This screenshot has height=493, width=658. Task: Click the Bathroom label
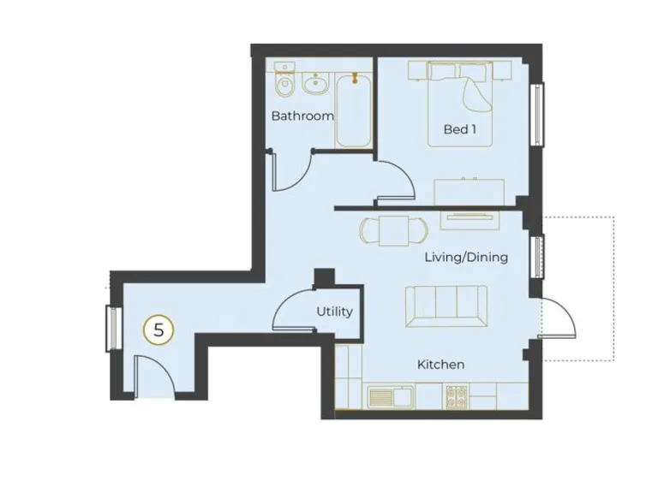tap(302, 116)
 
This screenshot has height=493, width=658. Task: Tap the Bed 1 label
tap(459, 129)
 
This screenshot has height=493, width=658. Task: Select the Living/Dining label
tap(466, 257)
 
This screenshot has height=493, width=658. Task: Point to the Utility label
tap(334, 312)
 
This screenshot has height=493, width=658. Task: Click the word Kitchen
tap(440, 365)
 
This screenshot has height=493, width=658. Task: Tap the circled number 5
tap(159, 330)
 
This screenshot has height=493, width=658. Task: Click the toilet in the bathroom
tap(284, 84)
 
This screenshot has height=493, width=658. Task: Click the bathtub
tap(352, 111)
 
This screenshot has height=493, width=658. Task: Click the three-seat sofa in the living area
tap(446, 304)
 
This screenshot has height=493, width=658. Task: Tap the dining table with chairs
tap(392, 230)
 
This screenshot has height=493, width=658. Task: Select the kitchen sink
tap(391, 396)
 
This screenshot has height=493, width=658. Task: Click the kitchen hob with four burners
tap(456, 395)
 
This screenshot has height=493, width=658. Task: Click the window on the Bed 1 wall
tap(537, 115)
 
